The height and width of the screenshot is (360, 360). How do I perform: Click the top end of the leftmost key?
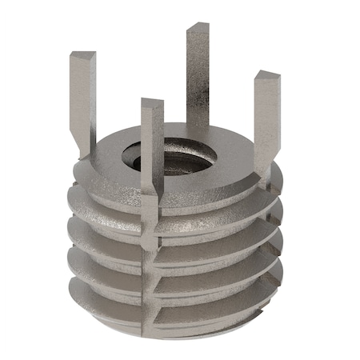(82, 57)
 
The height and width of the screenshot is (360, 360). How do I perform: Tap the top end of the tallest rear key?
(198, 30)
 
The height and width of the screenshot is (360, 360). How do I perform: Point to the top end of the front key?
(152, 103)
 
